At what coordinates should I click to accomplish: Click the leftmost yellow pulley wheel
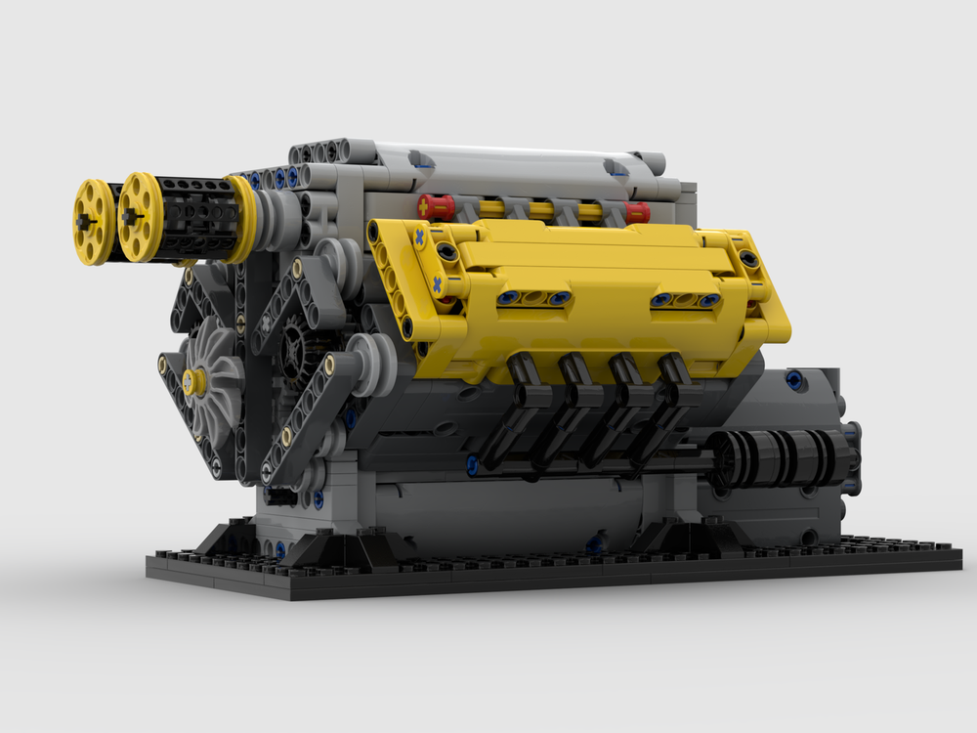pyautogui.click(x=94, y=222)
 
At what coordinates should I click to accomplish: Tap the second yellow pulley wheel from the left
pyautogui.click(x=140, y=217)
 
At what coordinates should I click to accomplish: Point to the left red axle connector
pyautogui.click(x=436, y=206)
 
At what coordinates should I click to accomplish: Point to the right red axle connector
pyautogui.click(x=636, y=212)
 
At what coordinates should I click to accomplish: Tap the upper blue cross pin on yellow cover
pyautogui.click(x=420, y=237)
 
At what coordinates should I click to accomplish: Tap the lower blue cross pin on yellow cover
pyautogui.click(x=436, y=283)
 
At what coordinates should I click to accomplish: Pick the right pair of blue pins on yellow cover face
pyautogui.click(x=685, y=299)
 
